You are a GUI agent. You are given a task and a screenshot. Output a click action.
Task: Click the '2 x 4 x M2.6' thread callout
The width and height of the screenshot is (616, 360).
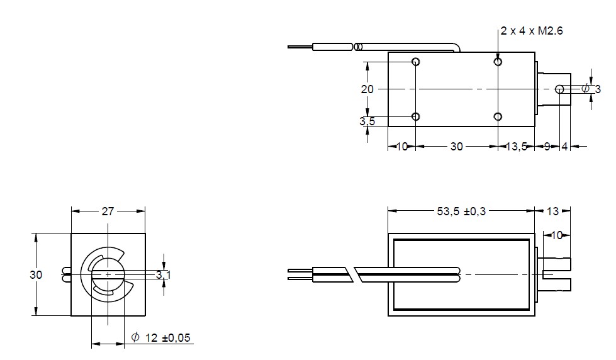pyautogui.click(x=532, y=31)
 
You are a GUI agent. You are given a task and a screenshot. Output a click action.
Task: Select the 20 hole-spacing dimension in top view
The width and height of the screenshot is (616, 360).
pyautogui.click(x=367, y=89)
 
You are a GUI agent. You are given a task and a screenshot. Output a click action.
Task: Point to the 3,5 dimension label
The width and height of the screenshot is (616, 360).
pyautogui.click(x=367, y=121)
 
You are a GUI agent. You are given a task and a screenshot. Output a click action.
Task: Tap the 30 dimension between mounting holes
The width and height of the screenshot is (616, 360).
pyautogui.click(x=456, y=146)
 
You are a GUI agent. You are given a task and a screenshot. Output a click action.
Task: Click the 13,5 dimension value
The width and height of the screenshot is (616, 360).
pyautogui.click(x=517, y=146)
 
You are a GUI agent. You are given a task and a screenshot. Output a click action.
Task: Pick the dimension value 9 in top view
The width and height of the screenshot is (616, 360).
pyautogui.click(x=546, y=146)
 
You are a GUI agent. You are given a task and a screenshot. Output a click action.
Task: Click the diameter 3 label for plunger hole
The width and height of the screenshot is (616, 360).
pyautogui.click(x=591, y=89)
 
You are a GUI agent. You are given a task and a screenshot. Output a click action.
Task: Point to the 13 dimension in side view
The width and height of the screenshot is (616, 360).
pyautogui.click(x=552, y=211)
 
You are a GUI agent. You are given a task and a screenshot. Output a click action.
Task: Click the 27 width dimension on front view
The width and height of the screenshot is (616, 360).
pyautogui.click(x=108, y=211)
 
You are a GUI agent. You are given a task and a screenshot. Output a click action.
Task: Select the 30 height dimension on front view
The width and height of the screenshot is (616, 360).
pyautogui.click(x=36, y=275)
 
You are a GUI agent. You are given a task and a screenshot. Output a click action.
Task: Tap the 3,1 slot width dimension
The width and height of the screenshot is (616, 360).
pyautogui.click(x=164, y=275)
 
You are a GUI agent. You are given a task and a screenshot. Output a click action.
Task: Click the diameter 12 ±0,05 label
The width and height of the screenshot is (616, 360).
pyautogui.click(x=160, y=338)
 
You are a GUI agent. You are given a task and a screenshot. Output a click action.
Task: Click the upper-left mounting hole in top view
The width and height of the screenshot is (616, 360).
pyautogui.click(x=415, y=62)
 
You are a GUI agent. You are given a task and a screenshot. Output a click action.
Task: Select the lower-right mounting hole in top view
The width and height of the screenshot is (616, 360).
pyautogui.click(x=498, y=116)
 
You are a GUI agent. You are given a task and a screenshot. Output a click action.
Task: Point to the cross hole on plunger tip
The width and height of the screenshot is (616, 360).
pyautogui.click(x=559, y=89)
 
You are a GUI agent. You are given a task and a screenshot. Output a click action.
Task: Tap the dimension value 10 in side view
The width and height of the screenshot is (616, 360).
pyautogui.click(x=557, y=235)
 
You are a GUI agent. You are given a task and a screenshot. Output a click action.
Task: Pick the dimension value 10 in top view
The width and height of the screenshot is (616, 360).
pyautogui.click(x=402, y=146)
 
